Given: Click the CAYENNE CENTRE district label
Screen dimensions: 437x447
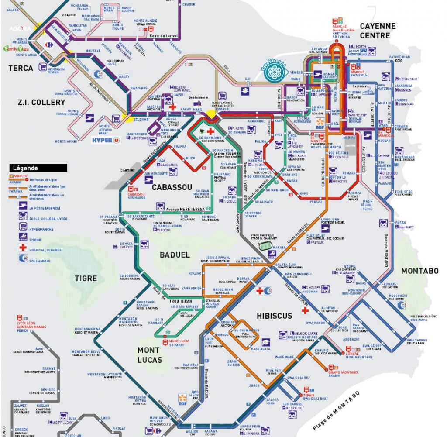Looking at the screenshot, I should click(378, 31).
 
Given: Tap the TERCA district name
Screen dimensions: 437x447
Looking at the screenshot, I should click(21, 68).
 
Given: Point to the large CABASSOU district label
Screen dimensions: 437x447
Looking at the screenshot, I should click(172, 187).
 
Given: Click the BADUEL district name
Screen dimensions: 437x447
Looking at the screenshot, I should click(175, 255).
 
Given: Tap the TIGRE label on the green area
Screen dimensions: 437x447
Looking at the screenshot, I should click(86, 278).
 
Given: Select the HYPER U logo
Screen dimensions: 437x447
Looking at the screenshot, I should click(105, 141).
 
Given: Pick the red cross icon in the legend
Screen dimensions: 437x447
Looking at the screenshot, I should click(22, 247).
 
